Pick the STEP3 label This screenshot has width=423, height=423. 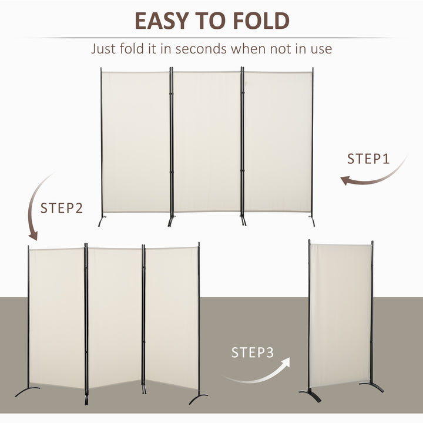[x=252, y=352]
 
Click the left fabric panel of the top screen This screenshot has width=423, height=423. [x=136, y=141]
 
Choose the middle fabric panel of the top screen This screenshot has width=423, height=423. [x=207, y=141]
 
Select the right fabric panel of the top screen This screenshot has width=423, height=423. [x=277, y=141]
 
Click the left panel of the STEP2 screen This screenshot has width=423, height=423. [x=56, y=317]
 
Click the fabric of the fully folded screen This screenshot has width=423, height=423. [x=340, y=314]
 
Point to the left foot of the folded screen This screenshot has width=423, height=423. [x=310, y=395]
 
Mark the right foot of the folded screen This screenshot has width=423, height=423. [x=374, y=387]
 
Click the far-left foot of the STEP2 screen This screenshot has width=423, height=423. [x=26, y=391]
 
